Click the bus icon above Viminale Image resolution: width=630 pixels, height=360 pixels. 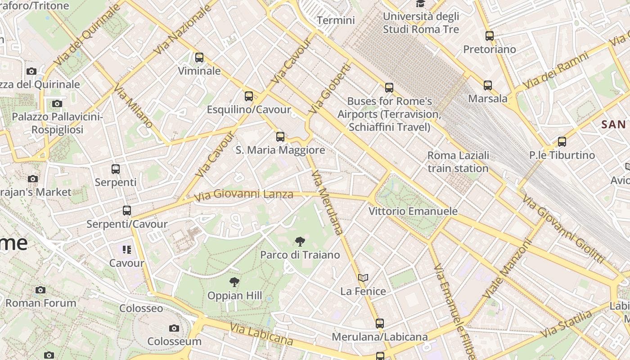[199, 58]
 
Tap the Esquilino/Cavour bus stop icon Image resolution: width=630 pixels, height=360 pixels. [249, 96]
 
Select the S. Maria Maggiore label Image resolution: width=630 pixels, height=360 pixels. [280, 150]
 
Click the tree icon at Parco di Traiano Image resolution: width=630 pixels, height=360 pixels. [300, 242]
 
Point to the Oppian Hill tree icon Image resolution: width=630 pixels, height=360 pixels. [234, 282]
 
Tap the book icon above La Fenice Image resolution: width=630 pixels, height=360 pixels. [363, 278]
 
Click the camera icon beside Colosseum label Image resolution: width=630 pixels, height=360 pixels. [174, 328]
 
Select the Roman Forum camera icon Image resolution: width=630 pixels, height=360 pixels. [40, 290]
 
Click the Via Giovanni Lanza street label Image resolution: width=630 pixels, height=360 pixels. [243, 195]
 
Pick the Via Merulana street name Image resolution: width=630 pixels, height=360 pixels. [327, 202]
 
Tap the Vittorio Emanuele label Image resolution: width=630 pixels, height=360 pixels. [413, 211]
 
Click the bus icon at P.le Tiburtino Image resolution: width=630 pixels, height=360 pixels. [562, 142]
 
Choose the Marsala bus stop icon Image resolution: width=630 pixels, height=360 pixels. [488, 85]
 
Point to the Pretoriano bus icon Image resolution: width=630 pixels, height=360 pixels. [490, 36]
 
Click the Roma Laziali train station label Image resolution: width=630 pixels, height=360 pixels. [458, 162]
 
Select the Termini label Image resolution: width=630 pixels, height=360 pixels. [336, 20]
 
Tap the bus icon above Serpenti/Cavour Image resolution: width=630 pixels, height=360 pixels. [127, 210]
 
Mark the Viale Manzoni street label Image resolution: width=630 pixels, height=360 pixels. [507, 269]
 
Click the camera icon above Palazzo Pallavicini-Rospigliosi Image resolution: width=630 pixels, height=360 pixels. [57, 104]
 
